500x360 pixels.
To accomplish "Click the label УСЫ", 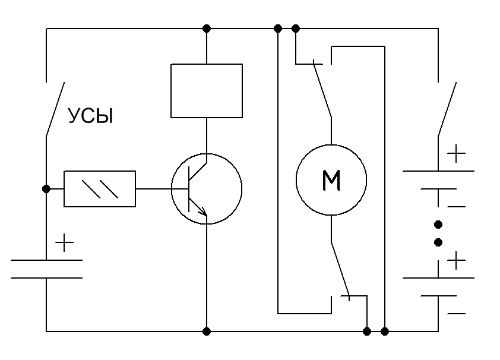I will (x=90, y=116).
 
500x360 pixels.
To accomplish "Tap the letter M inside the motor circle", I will (x=331, y=180).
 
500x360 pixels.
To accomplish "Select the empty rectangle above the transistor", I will (x=206, y=90).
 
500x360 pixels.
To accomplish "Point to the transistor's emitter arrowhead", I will (x=203, y=211).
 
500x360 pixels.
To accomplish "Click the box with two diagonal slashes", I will (x=100, y=189).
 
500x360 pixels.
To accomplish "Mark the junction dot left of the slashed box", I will (x=46, y=189).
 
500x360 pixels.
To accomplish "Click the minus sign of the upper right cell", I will (x=456, y=206).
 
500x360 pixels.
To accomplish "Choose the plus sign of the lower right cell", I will (x=456, y=260).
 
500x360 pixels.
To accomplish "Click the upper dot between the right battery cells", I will (x=438, y=225).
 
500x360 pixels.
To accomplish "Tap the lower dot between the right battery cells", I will (x=438, y=242).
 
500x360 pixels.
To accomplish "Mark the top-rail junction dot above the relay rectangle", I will (x=206, y=28).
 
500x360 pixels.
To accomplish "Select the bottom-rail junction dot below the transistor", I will (x=206, y=331).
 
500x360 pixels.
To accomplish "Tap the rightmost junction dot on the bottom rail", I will (x=385, y=331).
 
